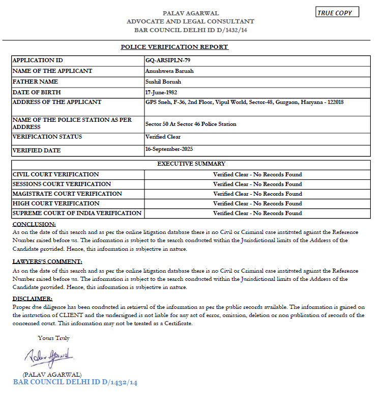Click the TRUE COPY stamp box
(337, 13)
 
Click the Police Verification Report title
(174, 47)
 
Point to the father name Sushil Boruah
(163, 82)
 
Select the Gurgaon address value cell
(244, 102)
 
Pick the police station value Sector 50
(191, 124)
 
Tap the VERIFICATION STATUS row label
(47, 137)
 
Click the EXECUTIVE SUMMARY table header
(191, 164)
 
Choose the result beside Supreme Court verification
(257, 213)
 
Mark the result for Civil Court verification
(257, 174)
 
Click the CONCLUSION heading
(34, 224)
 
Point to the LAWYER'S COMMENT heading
(47, 261)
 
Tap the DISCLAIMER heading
(32, 299)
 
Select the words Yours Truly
(53, 338)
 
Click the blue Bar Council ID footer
(75, 382)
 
